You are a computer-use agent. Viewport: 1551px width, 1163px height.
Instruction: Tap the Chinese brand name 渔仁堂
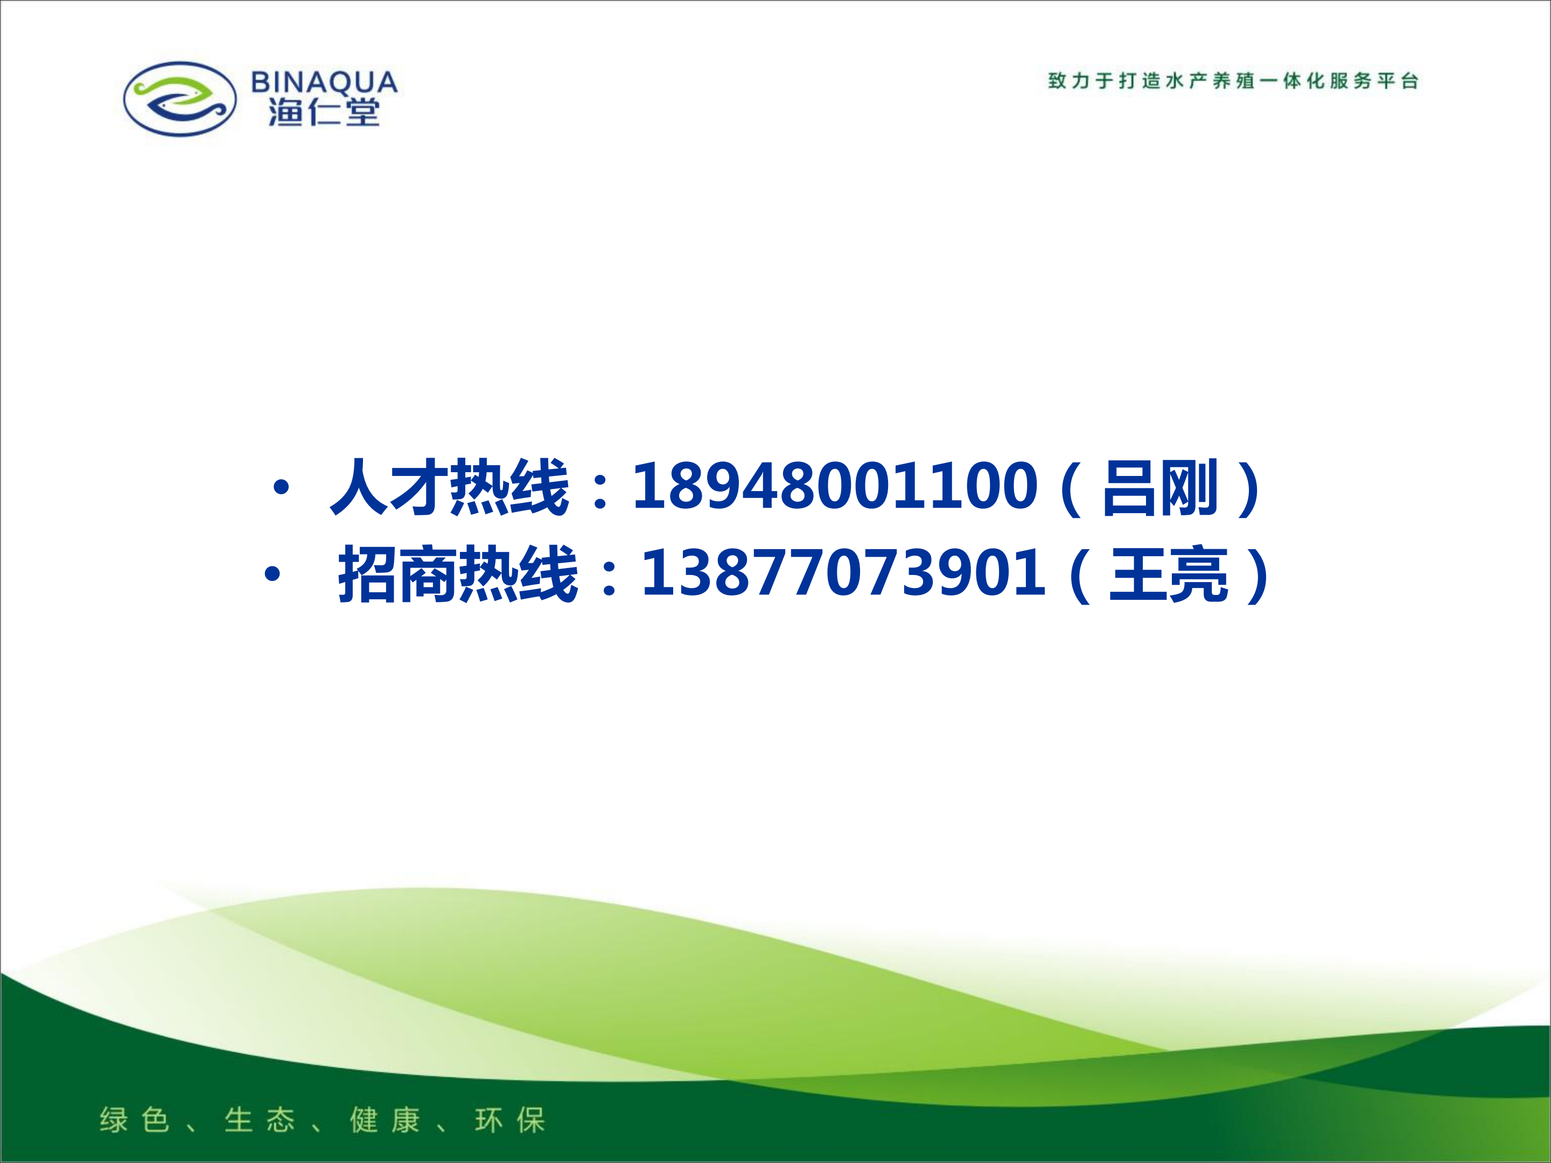[324, 112]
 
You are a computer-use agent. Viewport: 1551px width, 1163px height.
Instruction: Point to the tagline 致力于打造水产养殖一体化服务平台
[1233, 81]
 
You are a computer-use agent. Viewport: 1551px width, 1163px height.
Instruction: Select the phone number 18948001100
[834, 486]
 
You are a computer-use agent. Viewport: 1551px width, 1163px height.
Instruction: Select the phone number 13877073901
[843, 573]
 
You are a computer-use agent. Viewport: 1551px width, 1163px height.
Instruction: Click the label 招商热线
[458, 574]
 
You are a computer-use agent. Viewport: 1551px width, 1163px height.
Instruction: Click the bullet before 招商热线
[272, 575]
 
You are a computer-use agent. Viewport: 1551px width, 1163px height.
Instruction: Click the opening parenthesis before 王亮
[1080, 576]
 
